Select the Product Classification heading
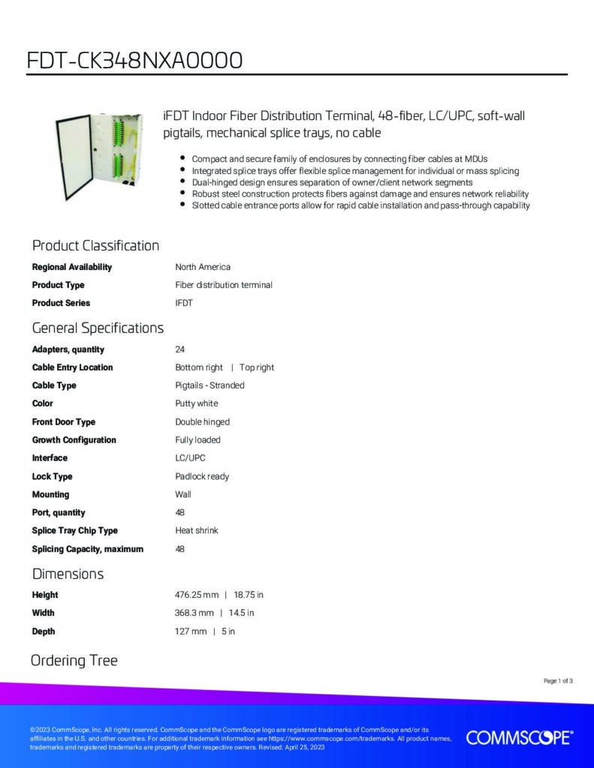tap(95, 246)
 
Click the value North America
tap(203, 267)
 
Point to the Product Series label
tap(61, 303)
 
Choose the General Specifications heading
tap(98, 328)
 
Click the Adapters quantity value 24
tap(180, 349)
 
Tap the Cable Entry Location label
tap(72, 367)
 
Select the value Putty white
tap(197, 403)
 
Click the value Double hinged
tap(203, 421)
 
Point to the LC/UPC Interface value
tap(190, 458)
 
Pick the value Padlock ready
tap(202, 476)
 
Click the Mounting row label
tap(50, 494)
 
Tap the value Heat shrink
tap(197, 530)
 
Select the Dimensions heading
tap(68, 574)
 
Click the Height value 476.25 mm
tap(197, 595)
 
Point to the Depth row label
tap(44, 631)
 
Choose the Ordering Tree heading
tap(74, 661)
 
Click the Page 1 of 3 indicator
tap(558, 681)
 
